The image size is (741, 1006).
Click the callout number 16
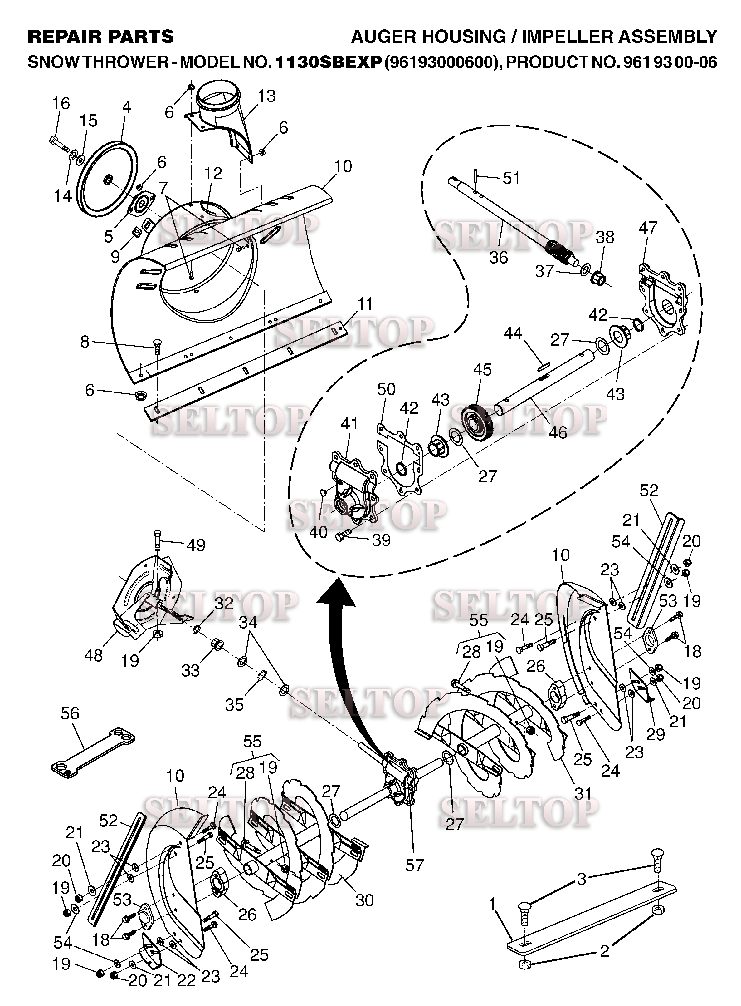tap(61, 104)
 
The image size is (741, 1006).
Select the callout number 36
tap(498, 258)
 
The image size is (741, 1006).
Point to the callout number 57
tap(414, 865)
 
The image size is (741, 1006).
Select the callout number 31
tap(583, 794)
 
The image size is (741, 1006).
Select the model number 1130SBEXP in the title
tap(328, 62)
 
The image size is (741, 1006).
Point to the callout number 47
tap(648, 228)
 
